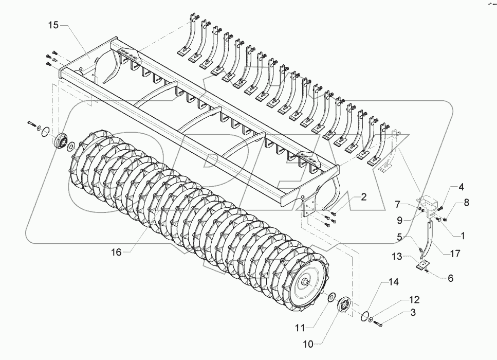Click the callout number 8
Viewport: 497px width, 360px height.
467,203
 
